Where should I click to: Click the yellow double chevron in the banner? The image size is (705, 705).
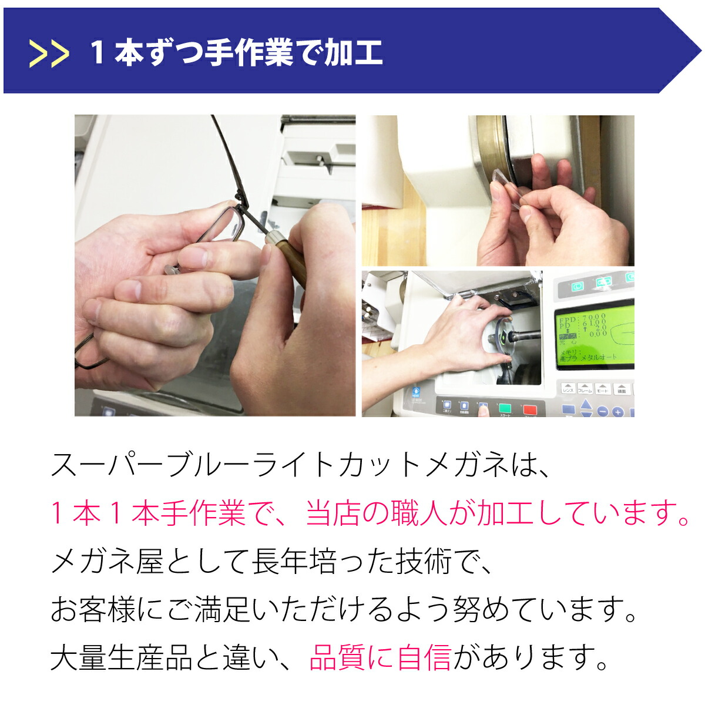[49, 53]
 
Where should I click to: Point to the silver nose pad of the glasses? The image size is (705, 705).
[172, 269]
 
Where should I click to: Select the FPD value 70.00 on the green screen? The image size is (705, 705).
[594, 318]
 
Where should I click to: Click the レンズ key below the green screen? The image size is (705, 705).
[568, 388]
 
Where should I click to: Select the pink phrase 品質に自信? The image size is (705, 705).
[380, 657]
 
